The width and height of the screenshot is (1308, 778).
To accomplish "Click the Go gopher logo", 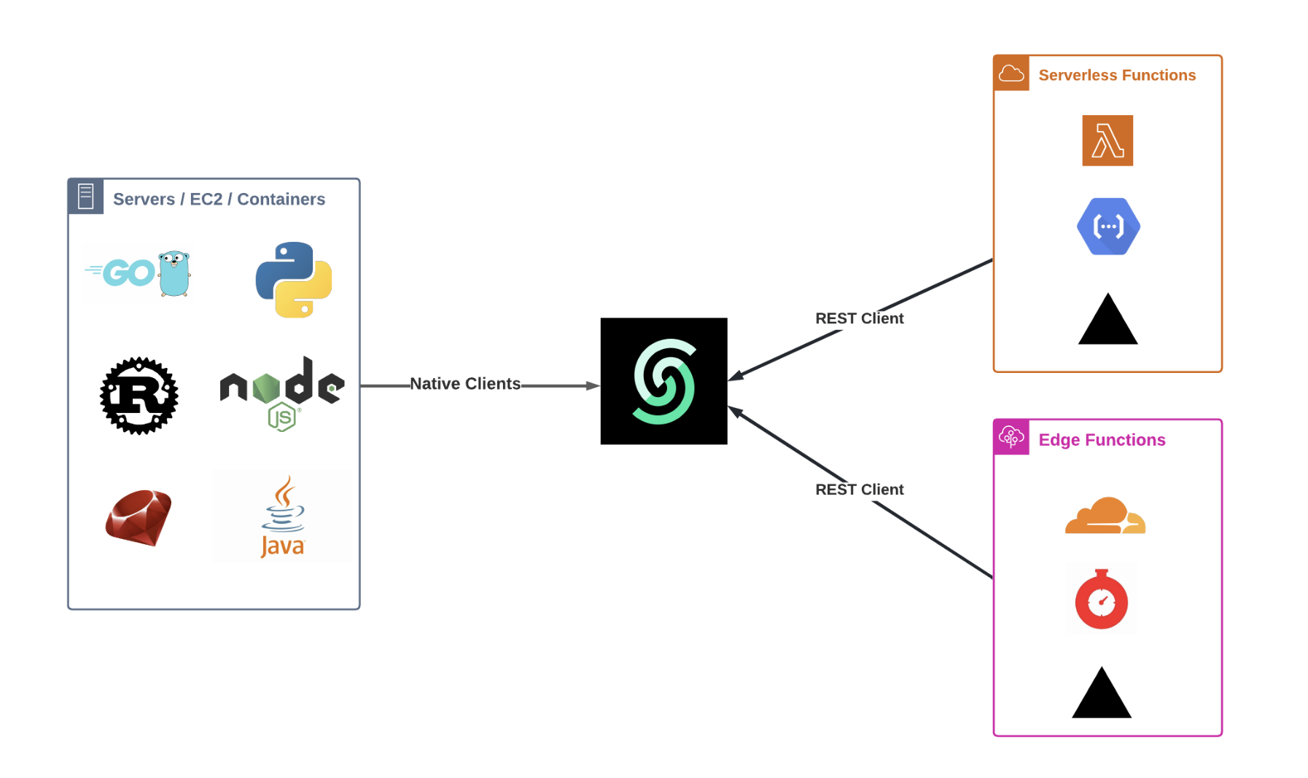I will click(139, 273).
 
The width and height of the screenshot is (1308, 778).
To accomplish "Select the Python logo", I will click(294, 280).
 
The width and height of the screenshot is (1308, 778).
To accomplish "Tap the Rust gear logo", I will click(139, 396).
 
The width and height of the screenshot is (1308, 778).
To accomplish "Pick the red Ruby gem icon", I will click(139, 518).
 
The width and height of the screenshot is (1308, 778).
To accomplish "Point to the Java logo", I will click(282, 516).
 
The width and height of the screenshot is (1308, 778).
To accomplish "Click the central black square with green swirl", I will click(663, 381).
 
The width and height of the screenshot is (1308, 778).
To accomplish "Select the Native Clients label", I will click(465, 384).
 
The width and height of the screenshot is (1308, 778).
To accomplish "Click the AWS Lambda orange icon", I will click(1107, 141).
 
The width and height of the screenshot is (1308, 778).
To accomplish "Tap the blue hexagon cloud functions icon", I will click(1108, 227).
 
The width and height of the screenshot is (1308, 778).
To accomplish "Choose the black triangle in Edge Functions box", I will click(1102, 695).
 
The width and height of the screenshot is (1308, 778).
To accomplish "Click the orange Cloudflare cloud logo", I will click(1105, 516).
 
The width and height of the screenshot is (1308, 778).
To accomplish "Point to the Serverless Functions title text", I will click(1117, 75).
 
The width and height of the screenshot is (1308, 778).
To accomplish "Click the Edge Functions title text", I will click(1102, 440).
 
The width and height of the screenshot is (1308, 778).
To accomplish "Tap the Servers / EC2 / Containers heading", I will click(219, 200).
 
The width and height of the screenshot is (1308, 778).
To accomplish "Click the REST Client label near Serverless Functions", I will click(859, 318).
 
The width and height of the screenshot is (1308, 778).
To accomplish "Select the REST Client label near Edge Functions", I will click(859, 490).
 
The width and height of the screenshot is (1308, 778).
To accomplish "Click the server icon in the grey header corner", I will click(86, 197).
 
